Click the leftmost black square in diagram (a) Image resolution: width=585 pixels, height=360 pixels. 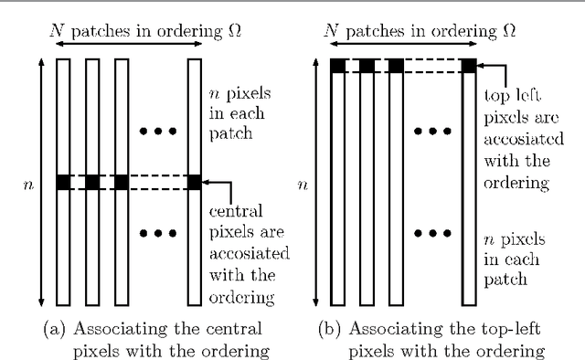point(63,183)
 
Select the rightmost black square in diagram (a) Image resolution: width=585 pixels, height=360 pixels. point(194,183)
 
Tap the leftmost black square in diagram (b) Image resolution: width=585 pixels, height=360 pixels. point(337,66)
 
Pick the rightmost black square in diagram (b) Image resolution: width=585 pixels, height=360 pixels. point(468,66)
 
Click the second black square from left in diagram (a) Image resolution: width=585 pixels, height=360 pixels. point(92,183)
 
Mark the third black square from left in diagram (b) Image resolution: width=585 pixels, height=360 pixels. point(396,66)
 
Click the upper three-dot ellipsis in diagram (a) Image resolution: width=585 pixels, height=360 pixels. point(157,132)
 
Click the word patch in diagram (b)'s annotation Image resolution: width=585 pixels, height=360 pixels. point(504,275)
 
